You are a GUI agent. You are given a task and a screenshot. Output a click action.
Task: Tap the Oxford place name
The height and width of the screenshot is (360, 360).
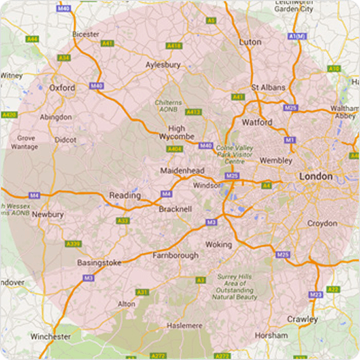click(x=62, y=88)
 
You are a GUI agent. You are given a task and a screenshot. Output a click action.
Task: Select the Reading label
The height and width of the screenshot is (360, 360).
click(x=125, y=196)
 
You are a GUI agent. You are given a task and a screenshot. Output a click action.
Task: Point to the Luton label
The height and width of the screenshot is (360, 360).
click(x=250, y=42)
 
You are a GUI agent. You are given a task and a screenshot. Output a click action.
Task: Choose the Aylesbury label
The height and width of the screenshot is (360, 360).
click(x=163, y=64)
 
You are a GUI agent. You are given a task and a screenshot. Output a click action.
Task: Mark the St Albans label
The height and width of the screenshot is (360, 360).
click(x=265, y=88)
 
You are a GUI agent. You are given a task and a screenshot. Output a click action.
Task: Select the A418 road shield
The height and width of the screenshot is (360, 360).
click(x=174, y=46)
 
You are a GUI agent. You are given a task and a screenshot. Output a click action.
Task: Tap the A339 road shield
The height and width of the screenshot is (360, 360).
click(x=73, y=244)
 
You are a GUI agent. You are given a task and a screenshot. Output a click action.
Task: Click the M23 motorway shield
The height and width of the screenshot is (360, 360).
click(x=316, y=294)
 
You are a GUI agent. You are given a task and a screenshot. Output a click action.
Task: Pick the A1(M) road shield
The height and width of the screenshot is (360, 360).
click(x=297, y=36)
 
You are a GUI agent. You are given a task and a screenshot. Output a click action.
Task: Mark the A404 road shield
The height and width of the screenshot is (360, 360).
click(x=175, y=149)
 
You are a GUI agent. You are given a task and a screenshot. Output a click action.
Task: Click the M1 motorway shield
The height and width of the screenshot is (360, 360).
click(x=289, y=140)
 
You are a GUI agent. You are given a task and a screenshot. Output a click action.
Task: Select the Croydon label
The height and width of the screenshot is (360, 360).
click(x=322, y=224)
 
